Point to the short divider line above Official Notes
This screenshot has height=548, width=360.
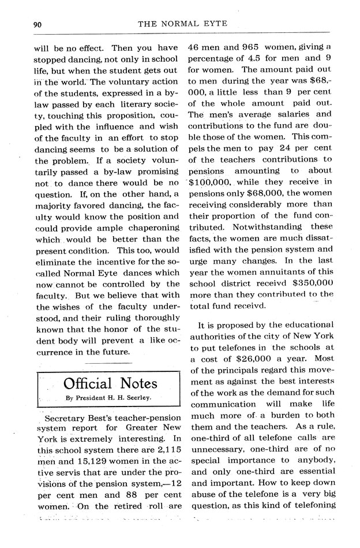[108, 363]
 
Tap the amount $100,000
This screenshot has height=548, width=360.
[212, 182]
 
